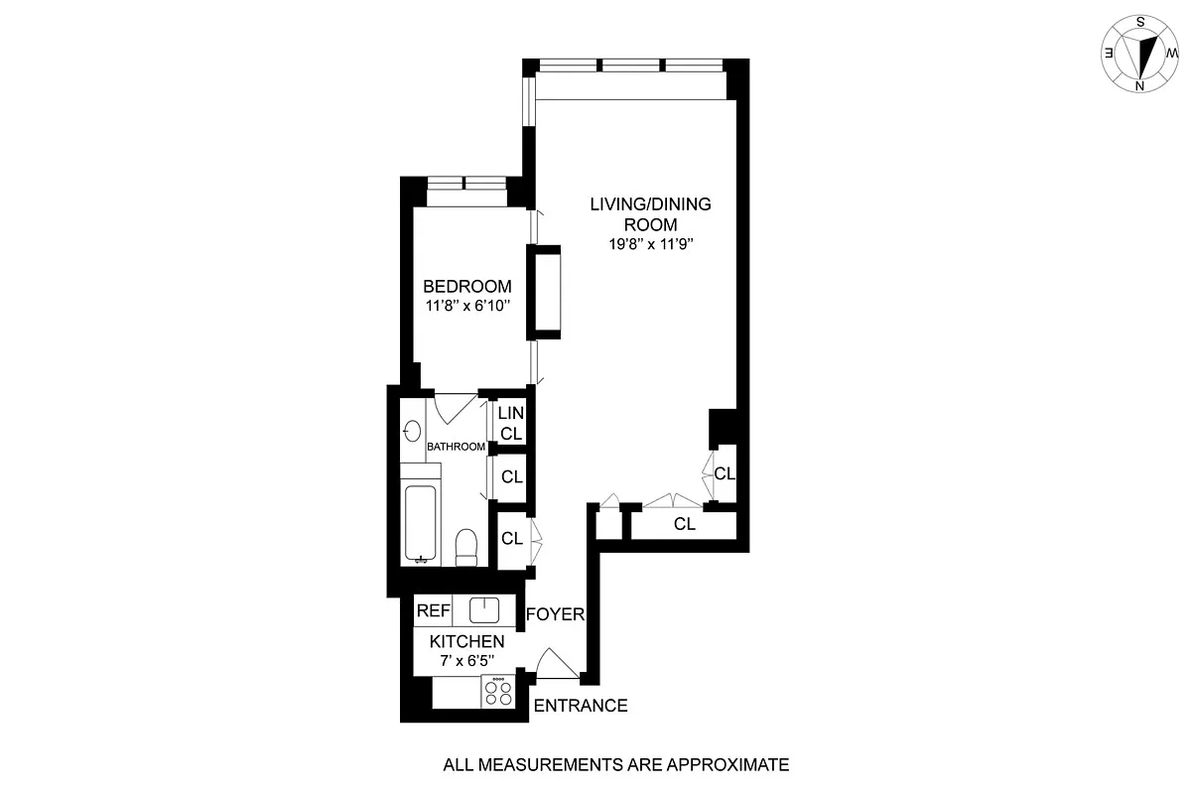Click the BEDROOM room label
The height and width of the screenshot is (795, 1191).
[x=466, y=287]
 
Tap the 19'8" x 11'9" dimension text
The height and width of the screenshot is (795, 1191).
[x=651, y=244]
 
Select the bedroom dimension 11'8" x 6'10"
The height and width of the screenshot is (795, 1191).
[x=467, y=307]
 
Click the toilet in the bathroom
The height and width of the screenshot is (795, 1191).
[x=466, y=547]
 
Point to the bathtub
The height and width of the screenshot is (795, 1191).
[x=421, y=523]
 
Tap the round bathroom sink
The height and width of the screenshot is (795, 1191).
[x=412, y=431]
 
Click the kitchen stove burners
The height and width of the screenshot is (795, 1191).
[x=498, y=692]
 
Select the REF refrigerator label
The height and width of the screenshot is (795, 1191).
[x=434, y=611]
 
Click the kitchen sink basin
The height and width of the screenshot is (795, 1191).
[x=484, y=610]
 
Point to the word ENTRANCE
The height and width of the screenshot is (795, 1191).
[x=581, y=706]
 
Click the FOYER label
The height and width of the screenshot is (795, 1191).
[x=555, y=614]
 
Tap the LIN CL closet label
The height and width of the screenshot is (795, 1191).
[x=511, y=423]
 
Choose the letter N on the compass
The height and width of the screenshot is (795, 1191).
[x=1139, y=86]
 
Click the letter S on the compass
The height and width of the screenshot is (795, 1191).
[x=1140, y=23]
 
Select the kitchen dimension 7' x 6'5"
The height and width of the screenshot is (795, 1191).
[x=467, y=661]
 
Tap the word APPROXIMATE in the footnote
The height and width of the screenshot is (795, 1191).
[x=728, y=764]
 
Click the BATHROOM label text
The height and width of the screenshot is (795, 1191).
[x=457, y=447]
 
